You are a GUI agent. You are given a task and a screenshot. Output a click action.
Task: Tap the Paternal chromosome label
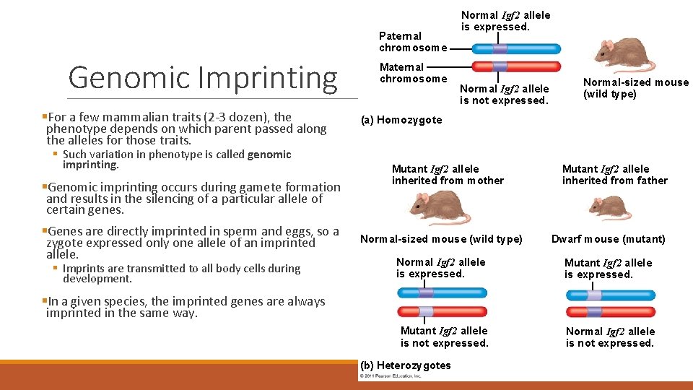[x=412, y=41]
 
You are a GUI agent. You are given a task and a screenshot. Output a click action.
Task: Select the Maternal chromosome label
[x=413, y=72]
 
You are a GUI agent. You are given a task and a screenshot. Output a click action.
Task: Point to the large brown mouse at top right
[x=624, y=54]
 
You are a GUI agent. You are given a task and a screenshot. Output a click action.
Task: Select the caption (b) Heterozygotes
[x=404, y=365]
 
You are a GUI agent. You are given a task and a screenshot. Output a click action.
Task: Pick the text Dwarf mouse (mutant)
[x=608, y=239]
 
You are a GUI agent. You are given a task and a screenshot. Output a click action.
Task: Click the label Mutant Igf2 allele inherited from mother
[x=448, y=175]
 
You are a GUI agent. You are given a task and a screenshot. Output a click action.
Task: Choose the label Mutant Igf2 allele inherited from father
[x=614, y=175]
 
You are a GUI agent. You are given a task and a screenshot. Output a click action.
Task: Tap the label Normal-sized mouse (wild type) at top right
[x=635, y=88]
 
